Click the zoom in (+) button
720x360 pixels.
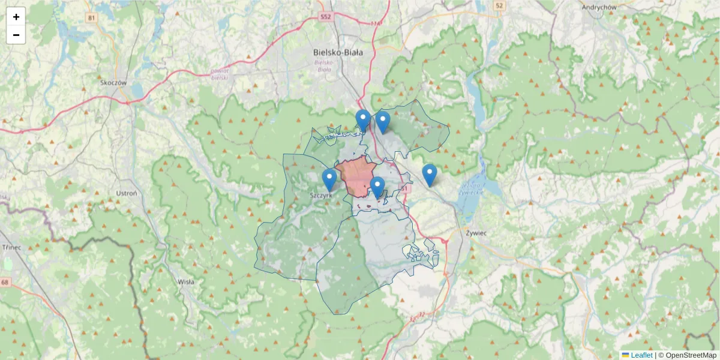click(16, 17)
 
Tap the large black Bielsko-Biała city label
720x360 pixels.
click(338, 52)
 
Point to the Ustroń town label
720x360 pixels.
click(127, 194)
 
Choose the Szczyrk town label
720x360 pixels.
click(321, 195)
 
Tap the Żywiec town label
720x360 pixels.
click(476, 231)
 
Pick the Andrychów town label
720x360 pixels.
click(599, 7)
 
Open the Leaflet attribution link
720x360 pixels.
click(641, 355)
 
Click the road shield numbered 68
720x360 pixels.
click(5, 282)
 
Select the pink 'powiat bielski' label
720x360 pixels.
click(220, 74)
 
